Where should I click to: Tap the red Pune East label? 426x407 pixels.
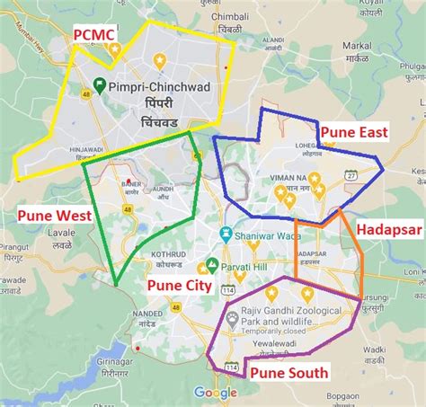(x=356, y=133)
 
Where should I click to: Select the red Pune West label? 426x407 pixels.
(x=54, y=216)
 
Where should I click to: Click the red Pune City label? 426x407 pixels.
(x=180, y=287)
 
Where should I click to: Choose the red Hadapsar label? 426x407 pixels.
(x=389, y=231)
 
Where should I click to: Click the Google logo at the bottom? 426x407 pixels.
(x=216, y=393)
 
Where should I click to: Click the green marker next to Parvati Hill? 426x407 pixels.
(x=212, y=266)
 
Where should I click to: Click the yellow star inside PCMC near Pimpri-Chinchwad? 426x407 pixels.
(x=160, y=60)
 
